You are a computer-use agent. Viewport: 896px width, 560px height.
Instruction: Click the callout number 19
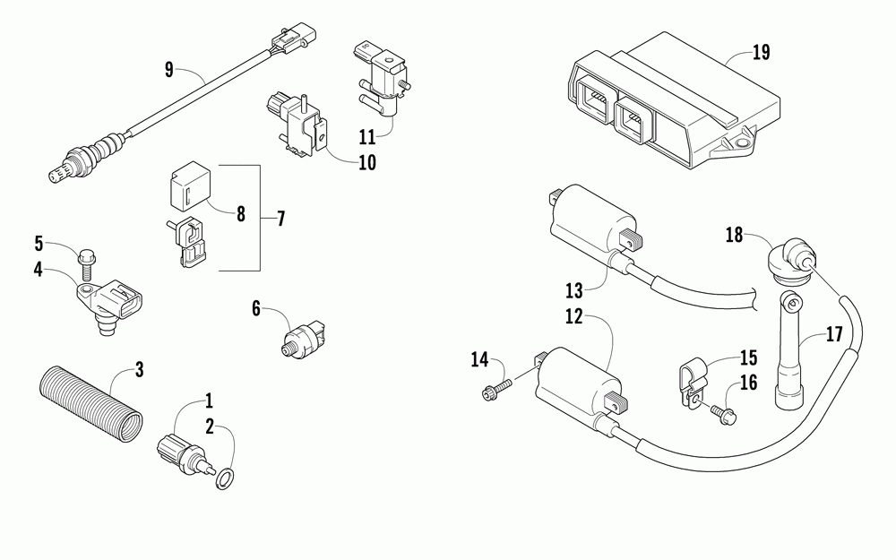coord(761,52)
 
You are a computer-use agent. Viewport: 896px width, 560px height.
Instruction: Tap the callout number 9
coord(168,68)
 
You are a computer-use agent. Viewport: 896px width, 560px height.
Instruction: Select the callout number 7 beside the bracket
coord(280,218)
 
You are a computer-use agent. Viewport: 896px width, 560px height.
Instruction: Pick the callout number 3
coord(139,368)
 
